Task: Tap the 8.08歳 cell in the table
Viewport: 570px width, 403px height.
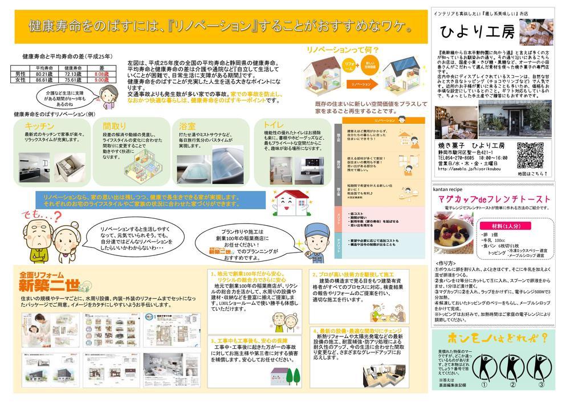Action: point(101,74)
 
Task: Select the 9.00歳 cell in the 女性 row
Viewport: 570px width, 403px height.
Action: point(101,80)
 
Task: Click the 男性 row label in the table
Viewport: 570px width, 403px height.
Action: point(20,74)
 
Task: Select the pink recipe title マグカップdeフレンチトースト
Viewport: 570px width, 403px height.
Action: point(491,199)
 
